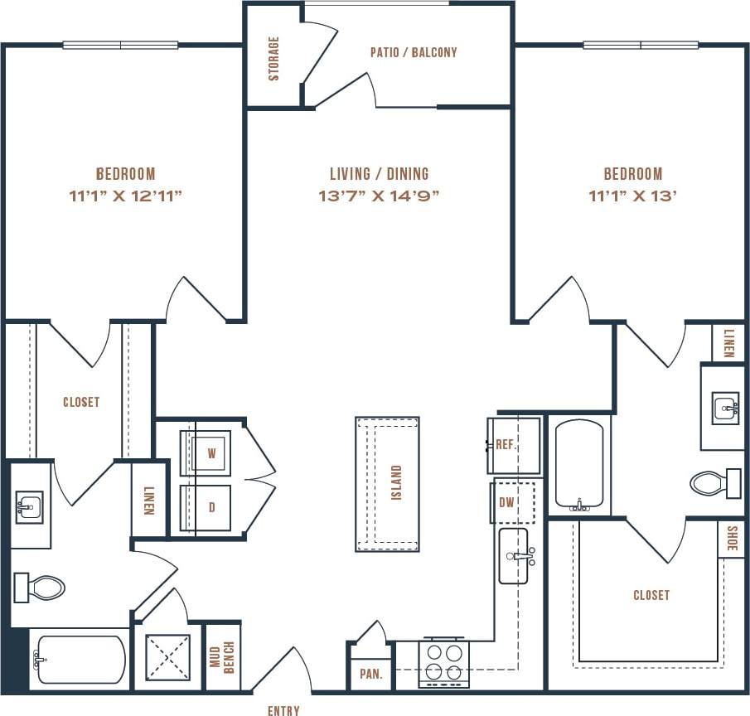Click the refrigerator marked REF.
click(513, 445)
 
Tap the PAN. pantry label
click(370, 675)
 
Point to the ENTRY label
click(283, 710)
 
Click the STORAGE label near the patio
click(273, 58)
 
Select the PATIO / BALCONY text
click(413, 52)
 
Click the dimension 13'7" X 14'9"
click(379, 196)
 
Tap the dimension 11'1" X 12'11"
click(125, 196)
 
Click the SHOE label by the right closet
click(731, 539)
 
